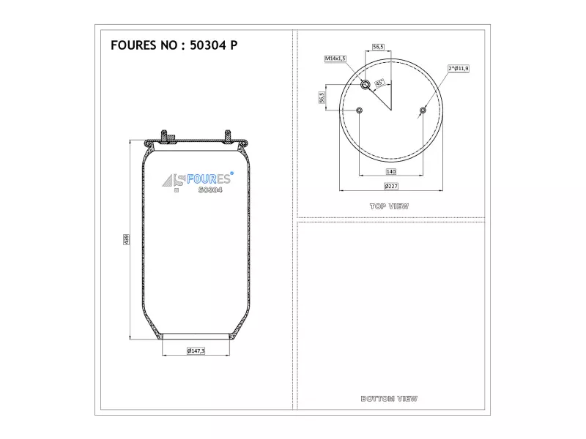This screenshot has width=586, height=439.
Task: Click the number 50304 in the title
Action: pyautogui.click(x=208, y=45)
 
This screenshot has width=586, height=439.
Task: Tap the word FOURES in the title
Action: pyautogui.click(x=133, y=45)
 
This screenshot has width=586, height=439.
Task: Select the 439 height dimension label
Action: pyautogui.click(x=126, y=240)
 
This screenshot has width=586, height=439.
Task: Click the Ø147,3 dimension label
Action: pyautogui.click(x=196, y=351)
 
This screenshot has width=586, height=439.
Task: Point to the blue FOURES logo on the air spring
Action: pyautogui.click(x=208, y=179)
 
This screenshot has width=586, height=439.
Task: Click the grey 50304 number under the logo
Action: pyautogui.click(x=210, y=190)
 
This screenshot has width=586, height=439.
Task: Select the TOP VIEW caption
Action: pyautogui.click(x=389, y=206)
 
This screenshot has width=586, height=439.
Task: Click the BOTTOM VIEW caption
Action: pyautogui.click(x=389, y=399)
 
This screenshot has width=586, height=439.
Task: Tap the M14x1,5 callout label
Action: pyautogui.click(x=335, y=59)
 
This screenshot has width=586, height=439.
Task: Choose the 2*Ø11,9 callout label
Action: pyautogui.click(x=459, y=68)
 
